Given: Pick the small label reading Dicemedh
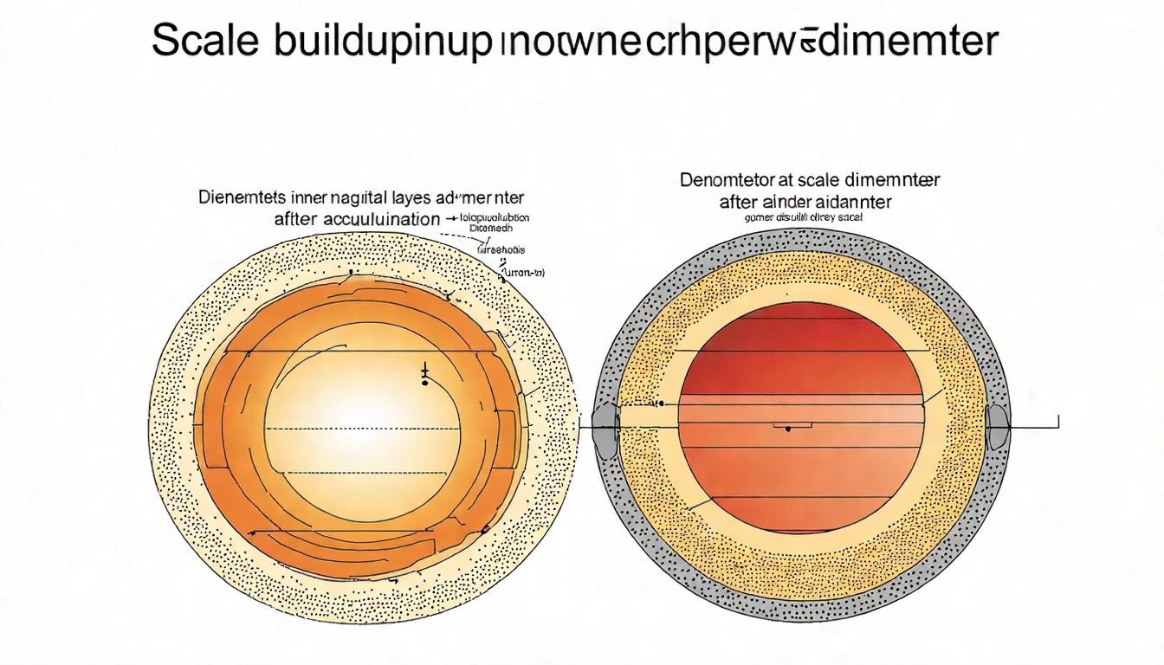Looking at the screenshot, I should pos(490,229).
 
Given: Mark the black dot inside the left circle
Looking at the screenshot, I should pos(424,382).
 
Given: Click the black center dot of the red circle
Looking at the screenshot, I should pos(787,429).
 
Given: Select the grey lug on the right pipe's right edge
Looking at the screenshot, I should pos(997,427).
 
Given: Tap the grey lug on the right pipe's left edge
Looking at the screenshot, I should pos(605,427).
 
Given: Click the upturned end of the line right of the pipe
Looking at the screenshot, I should pos(1058,421).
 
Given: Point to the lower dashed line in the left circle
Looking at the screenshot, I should pos(364,473).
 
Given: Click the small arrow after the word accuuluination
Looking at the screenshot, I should pos(451,220).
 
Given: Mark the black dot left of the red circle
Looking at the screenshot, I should pos(659,404).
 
